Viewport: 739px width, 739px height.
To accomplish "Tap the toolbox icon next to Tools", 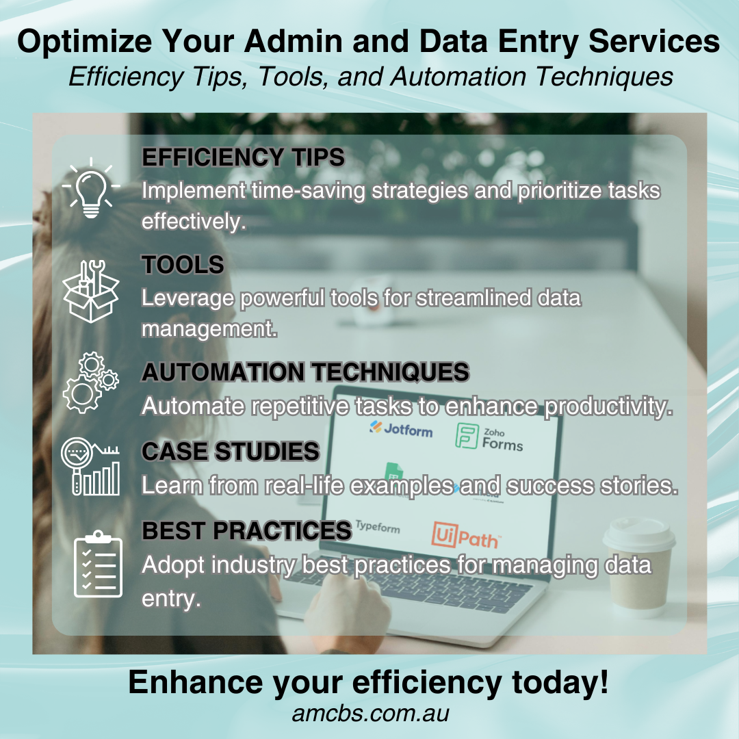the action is [90, 291].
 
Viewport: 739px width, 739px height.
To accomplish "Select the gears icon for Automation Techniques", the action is [90, 383].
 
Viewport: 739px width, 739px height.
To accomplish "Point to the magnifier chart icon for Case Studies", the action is [90, 466].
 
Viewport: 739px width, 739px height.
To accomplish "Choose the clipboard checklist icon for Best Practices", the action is [98, 564].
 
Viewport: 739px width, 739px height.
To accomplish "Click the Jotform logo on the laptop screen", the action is [401, 428].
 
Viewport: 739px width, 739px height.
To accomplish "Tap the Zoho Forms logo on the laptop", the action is [489, 437].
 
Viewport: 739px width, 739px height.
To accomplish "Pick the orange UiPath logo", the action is [466, 536].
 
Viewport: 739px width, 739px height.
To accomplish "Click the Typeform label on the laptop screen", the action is [378, 526].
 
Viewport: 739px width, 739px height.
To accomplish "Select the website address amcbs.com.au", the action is [370, 714].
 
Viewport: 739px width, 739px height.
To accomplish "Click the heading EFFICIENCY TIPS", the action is [243, 157].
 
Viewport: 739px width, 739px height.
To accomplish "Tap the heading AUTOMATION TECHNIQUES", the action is [305, 372].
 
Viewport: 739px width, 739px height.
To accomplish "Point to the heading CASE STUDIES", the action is [231, 451].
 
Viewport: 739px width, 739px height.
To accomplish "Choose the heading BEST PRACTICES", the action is [246, 531].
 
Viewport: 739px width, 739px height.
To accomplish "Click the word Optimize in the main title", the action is [85, 42].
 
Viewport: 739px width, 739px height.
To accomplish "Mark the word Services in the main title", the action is [654, 41].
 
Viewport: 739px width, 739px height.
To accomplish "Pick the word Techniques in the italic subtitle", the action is [604, 77].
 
